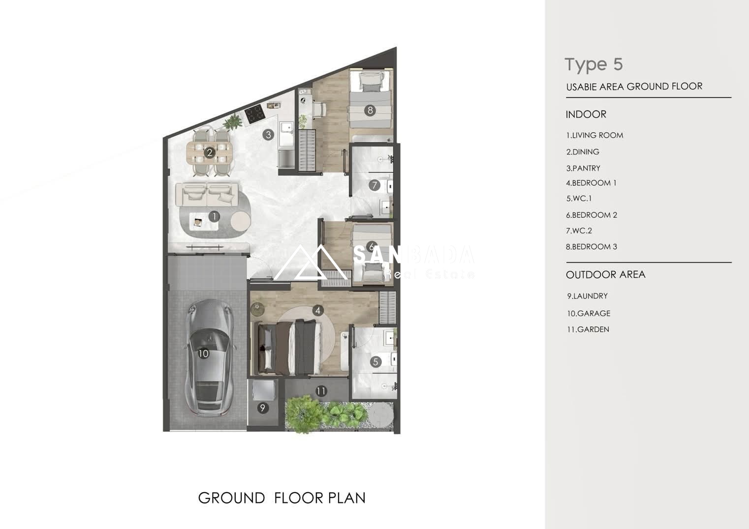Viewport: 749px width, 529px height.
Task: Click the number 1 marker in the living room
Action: pyautogui.click(x=215, y=216)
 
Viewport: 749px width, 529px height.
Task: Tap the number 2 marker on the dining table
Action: pyautogui.click(x=210, y=152)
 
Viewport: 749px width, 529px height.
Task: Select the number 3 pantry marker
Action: pyautogui.click(x=268, y=135)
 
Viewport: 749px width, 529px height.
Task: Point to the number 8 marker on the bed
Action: pyautogui.click(x=370, y=110)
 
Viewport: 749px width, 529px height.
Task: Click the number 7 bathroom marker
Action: pyautogui.click(x=374, y=185)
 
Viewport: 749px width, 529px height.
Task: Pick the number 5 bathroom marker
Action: pyautogui.click(x=376, y=362)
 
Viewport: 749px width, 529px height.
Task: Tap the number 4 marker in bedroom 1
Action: pyautogui.click(x=317, y=311)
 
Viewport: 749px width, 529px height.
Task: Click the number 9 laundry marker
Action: pyautogui.click(x=263, y=408)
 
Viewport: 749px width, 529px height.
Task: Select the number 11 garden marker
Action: pyautogui.click(x=321, y=391)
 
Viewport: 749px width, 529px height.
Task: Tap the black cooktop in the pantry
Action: pyautogui.click(x=255, y=114)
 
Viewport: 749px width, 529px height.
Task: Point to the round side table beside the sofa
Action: pyautogui.click(x=241, y=221)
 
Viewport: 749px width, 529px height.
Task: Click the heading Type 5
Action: pyautogui.click(x=594, y=64)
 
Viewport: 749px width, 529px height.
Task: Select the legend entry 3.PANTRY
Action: pyautogui.click(x=583, y=168)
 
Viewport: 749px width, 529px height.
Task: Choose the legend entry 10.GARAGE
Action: pyautogui.click(x=589, y=313)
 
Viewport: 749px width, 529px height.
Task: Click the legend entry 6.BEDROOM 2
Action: pyautogui.click(x=592, y=215)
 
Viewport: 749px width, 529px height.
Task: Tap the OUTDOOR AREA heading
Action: pyautogui.click(x=606, y=274)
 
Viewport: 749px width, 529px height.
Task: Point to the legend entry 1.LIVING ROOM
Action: pyautogui.click(x=594, y=135)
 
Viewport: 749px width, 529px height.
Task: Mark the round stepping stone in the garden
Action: pyautogui.click(x=380, y=415)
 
